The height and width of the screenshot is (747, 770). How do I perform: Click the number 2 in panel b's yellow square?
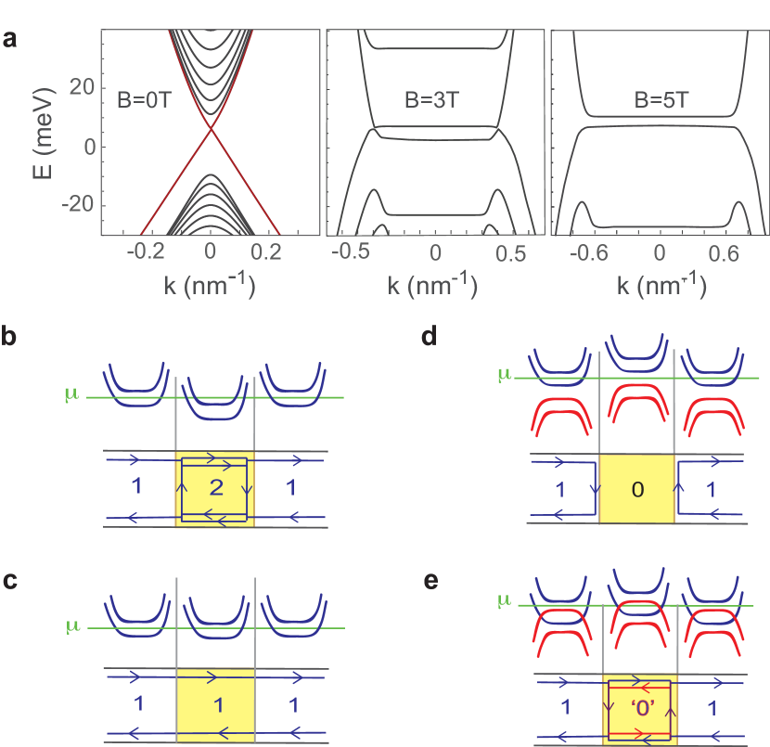215,489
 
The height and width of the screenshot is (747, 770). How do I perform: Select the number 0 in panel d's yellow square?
636,489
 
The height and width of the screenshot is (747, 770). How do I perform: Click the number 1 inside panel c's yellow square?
218,704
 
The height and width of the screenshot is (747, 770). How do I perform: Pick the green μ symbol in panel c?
71,626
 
